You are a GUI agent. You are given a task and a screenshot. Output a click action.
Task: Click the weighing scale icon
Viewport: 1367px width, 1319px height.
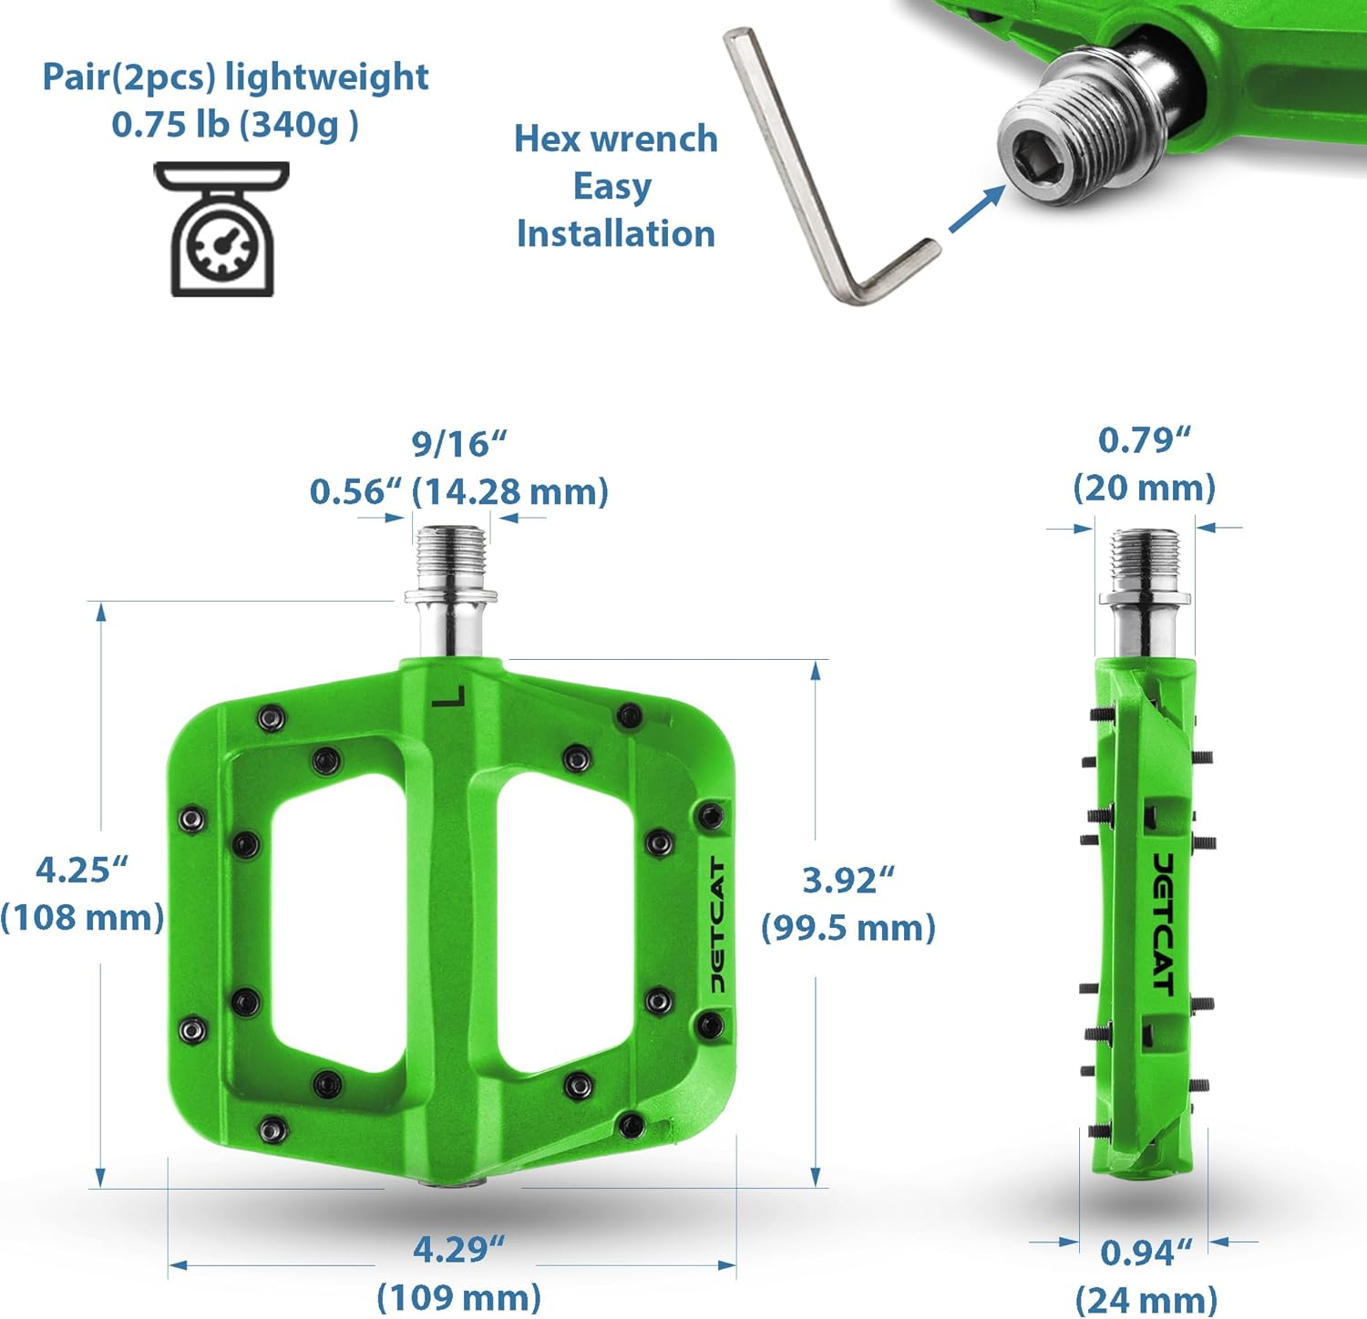tap(221, 229)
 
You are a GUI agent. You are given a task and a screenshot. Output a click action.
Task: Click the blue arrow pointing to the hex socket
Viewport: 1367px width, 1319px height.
tap(976, 209)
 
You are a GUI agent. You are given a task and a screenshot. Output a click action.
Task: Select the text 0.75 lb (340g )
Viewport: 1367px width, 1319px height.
tap(235, 125)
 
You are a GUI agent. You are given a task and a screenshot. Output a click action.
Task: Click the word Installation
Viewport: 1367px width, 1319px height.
tap(616, 233)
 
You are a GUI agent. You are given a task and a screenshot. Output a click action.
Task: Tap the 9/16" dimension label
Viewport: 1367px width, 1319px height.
tap(458, 444)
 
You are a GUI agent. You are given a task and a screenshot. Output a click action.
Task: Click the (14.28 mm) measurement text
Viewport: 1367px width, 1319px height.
tap(510, 491)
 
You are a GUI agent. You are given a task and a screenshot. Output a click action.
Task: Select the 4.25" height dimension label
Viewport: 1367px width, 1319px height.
tap(81, 870)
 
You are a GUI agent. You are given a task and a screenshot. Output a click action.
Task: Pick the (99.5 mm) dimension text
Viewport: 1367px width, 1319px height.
tap(848, 927)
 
